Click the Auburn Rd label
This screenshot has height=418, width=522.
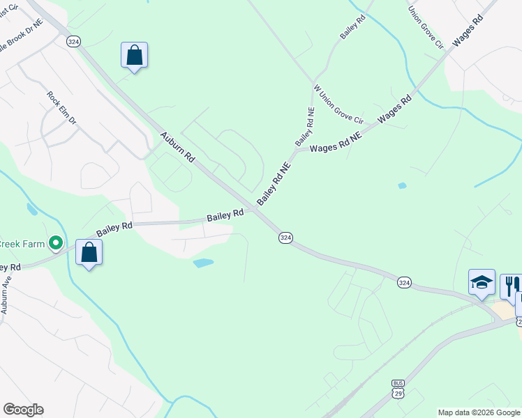177,147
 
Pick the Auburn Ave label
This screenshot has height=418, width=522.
6,295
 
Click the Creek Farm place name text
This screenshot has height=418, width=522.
22,243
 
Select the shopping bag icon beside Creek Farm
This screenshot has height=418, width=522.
89,252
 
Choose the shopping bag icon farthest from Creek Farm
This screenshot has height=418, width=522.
134,55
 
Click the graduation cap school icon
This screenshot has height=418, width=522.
482,282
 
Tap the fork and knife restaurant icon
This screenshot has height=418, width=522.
509,284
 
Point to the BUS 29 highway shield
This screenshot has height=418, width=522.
398,389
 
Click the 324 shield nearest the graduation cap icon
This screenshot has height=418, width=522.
405,282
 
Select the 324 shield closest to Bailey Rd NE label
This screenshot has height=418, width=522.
285,238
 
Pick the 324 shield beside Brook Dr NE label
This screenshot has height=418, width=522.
73,42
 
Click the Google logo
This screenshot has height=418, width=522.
23,410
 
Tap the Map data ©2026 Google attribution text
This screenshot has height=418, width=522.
479,412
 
